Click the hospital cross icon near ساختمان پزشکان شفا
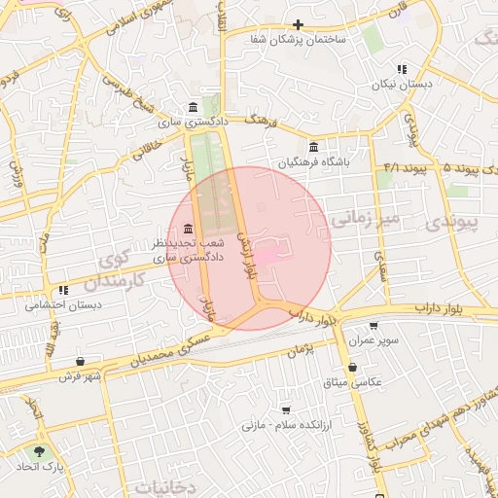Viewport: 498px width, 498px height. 298,24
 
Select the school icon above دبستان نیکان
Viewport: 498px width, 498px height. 402,69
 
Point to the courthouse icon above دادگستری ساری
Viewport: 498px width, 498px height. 193,107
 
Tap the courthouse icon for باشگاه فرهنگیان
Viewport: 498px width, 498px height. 312,147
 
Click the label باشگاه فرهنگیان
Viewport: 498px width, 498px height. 312,162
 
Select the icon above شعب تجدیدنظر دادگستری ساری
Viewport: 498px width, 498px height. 188,228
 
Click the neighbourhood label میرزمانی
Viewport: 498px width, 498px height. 365,220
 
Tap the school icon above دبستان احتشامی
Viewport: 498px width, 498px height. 63,289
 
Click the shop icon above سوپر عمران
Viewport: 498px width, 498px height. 373,327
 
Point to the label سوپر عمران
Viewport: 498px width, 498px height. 373,342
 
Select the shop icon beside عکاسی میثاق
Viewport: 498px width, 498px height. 350,367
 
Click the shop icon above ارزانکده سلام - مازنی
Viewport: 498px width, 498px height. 285,409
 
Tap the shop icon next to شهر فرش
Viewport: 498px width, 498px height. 93,360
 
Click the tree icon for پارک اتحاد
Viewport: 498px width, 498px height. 39,452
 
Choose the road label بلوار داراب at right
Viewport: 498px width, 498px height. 436,307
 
